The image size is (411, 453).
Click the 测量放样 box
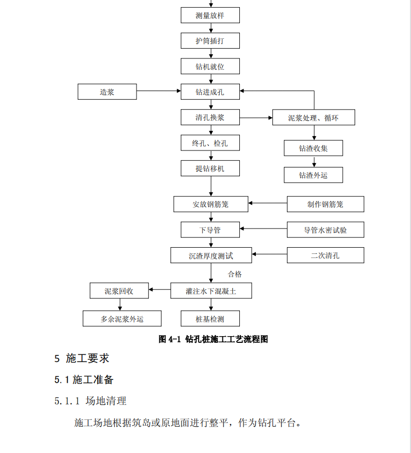coord(210,16)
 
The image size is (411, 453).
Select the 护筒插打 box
coord(210,41)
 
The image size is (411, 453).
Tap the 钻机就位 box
coord(210,66)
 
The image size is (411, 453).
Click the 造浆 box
coord(107,92)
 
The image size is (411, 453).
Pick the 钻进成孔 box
coord(210,92)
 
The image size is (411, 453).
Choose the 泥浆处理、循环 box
coord(314,117)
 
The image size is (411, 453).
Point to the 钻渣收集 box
coord(313,148)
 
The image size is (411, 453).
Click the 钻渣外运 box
coord(313,175)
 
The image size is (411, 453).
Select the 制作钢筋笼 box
coord(326,204)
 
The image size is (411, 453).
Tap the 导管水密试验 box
coord(326,230)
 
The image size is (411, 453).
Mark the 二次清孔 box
coord(326,255)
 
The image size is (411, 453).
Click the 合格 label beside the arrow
coord(235,274)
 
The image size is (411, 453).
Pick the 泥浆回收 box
coord(119,291)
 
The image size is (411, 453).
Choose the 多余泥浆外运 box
coord(122,319)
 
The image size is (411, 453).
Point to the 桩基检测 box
coord(210,319)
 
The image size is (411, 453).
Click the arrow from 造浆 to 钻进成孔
coord(159,91)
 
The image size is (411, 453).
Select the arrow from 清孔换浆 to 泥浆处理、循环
coord(256,118)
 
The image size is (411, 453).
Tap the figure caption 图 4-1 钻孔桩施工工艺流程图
coord(213,339)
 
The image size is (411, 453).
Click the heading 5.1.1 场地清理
coord(90,401)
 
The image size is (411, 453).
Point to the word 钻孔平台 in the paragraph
coord(277,423)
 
